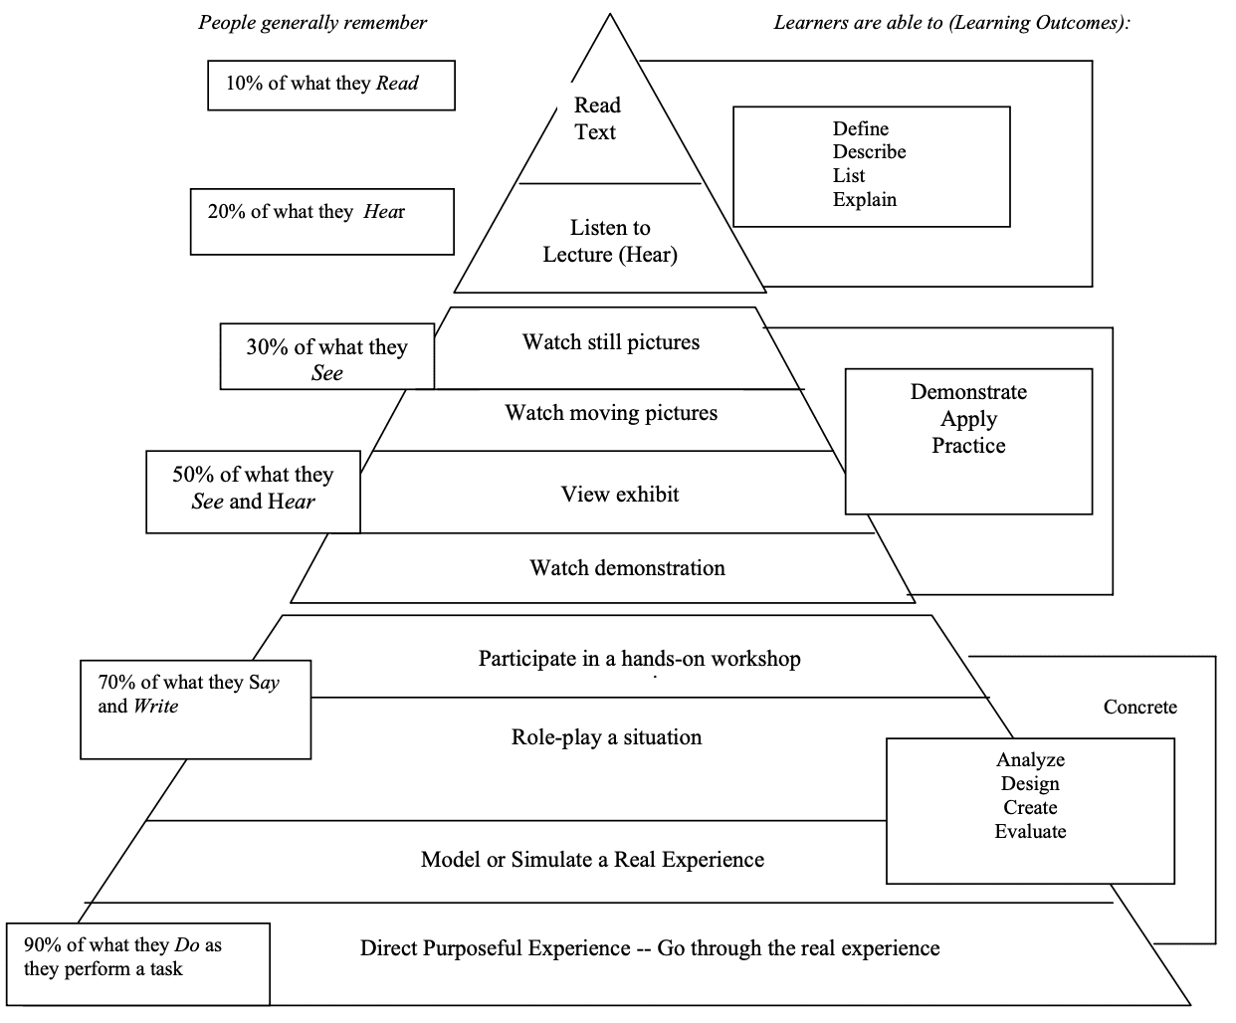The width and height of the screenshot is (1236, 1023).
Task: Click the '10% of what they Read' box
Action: tap(330, 85)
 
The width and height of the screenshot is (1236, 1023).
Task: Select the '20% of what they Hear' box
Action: tap(321, 221)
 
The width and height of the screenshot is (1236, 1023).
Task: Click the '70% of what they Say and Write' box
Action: tap(195, 709)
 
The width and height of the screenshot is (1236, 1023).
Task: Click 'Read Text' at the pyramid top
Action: tap(596, 118)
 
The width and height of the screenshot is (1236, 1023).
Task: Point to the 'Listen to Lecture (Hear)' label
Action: tap(610, 241)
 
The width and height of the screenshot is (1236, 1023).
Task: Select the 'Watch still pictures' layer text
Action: tap(610, 342)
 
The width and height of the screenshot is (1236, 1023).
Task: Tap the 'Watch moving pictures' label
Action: tap(610, 413)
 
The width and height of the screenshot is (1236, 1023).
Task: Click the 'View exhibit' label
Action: tap(619, 495)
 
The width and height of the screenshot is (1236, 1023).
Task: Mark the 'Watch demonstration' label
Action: tap(627, 568)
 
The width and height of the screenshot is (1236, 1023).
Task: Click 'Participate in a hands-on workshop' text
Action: tap(639, 659)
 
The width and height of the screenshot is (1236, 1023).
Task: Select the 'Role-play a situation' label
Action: tap(606, 737)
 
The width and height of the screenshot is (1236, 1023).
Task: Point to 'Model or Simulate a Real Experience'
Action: tap(592, 860)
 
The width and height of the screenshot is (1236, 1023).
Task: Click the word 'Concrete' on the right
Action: tap(1139, 708)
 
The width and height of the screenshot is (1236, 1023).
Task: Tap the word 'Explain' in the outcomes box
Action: tap(864, 200)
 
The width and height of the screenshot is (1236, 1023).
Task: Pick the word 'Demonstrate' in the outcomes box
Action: tap(967, 392)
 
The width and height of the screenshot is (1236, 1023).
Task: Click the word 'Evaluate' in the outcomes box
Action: tap(1030, 832)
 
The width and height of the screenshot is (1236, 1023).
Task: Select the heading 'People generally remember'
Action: tap(312, 23)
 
